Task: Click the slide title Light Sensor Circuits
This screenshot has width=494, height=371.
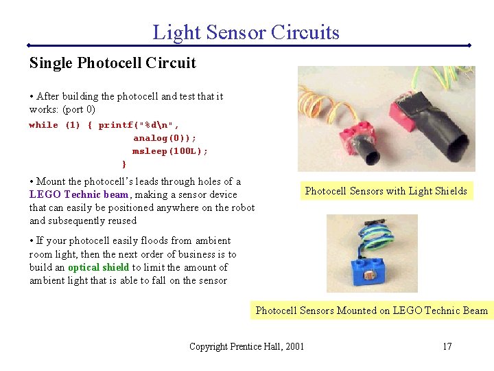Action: tap(246, 32)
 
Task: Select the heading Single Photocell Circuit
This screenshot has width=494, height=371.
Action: tap(113, 63)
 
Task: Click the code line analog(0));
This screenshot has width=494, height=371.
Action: tap(165, 138)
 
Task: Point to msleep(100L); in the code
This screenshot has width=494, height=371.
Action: tap(170, 151)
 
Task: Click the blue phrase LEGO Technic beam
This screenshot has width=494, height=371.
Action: tap(79, 194)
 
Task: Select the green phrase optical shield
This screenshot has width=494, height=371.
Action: tap(99, 267)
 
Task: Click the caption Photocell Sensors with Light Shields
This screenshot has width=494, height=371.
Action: tap(386, 191)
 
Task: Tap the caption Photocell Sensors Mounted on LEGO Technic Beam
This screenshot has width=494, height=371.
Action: tap(371, 311)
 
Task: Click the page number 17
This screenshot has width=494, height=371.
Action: tap(447, 346)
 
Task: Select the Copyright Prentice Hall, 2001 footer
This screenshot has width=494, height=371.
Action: tap(246, 346)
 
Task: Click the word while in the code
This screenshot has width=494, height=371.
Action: tap(43, 125)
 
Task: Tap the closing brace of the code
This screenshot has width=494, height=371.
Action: tap(123, 164)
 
